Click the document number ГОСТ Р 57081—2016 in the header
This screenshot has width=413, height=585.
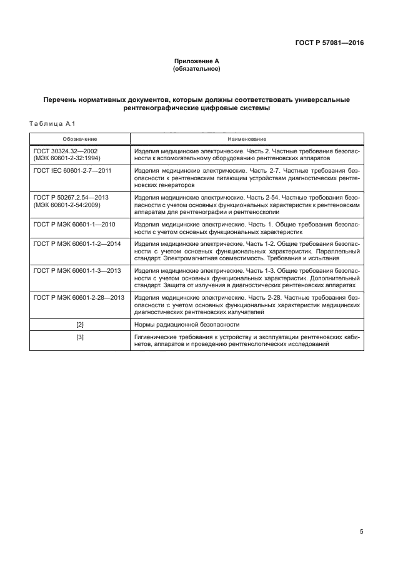click(329, 43)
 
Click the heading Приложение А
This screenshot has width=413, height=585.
click(196, 61)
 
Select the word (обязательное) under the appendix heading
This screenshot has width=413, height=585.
click(196, 68)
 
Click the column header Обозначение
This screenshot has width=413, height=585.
click(79, 138)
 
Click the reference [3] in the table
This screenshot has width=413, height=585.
click(79, 337)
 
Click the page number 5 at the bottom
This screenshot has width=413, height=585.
click(361, 532)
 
